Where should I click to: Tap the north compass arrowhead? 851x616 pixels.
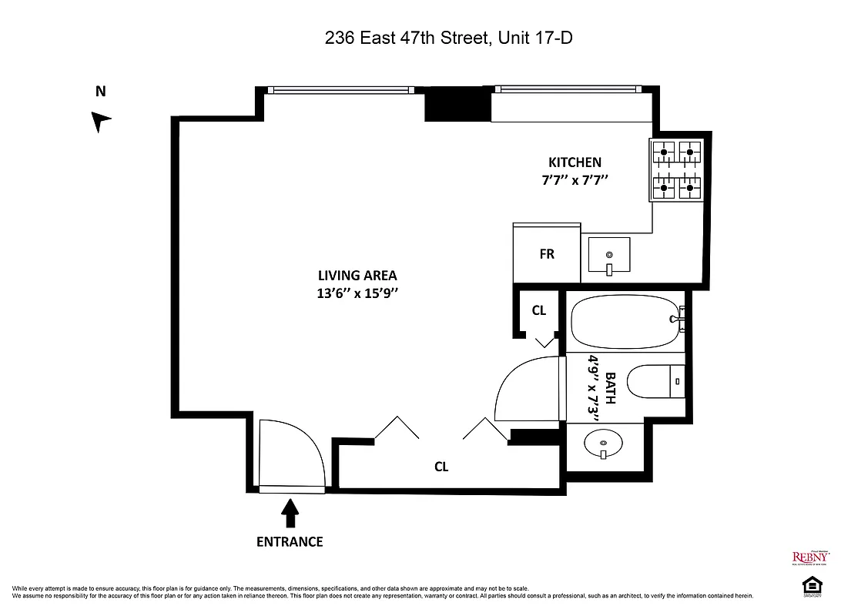(101, 122)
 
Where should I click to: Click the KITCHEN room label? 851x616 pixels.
(574, 162)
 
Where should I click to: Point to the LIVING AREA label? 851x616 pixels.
(357, 276)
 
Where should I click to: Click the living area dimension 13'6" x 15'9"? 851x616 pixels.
(357, 293)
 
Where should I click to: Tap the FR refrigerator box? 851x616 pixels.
(547, 254)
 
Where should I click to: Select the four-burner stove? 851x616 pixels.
(678, 170)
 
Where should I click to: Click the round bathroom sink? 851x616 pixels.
(604, 444)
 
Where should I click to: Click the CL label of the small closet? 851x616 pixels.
(539, 310)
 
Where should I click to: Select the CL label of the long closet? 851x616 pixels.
(441, 467)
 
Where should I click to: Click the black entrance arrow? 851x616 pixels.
(290, 511)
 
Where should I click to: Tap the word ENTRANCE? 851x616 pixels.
(290, 541)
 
